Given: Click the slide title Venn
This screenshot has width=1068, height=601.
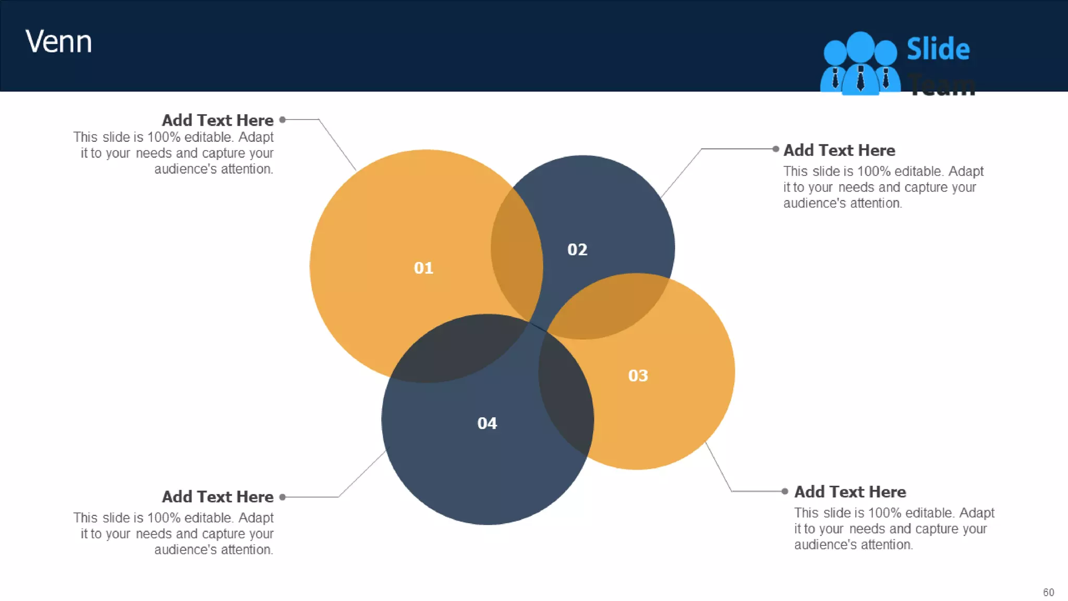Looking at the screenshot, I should [58, 42].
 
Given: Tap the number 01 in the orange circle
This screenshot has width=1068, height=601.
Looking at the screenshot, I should [423, 268].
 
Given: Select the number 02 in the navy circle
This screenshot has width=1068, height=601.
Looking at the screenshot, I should [577, 249].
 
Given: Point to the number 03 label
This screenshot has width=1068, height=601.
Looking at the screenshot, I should [638, 375].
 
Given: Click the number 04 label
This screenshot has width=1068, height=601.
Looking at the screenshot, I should [487, 423].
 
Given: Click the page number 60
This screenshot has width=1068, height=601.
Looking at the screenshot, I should [1048, 592].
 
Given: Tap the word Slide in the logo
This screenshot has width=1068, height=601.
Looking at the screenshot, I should [938, 49].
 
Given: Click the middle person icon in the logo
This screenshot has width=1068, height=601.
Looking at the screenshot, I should [860, 63].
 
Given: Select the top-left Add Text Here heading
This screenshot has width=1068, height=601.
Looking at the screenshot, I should [217, 120].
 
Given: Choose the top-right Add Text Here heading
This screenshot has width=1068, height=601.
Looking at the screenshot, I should [839, 150].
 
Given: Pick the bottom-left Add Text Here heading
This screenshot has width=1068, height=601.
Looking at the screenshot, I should [217, 497].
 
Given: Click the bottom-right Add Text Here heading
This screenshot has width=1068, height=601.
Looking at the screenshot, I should [850, 491].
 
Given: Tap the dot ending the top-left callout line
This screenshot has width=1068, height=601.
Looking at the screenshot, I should [283, 119].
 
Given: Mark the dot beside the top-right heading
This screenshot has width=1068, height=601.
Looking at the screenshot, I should [776, 149].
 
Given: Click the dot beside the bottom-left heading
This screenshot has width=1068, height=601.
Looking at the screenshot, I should [283, 497].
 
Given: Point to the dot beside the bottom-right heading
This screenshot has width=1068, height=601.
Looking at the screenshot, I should [785, 491].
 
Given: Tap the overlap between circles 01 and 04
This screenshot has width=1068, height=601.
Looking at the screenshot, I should [459, 350].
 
